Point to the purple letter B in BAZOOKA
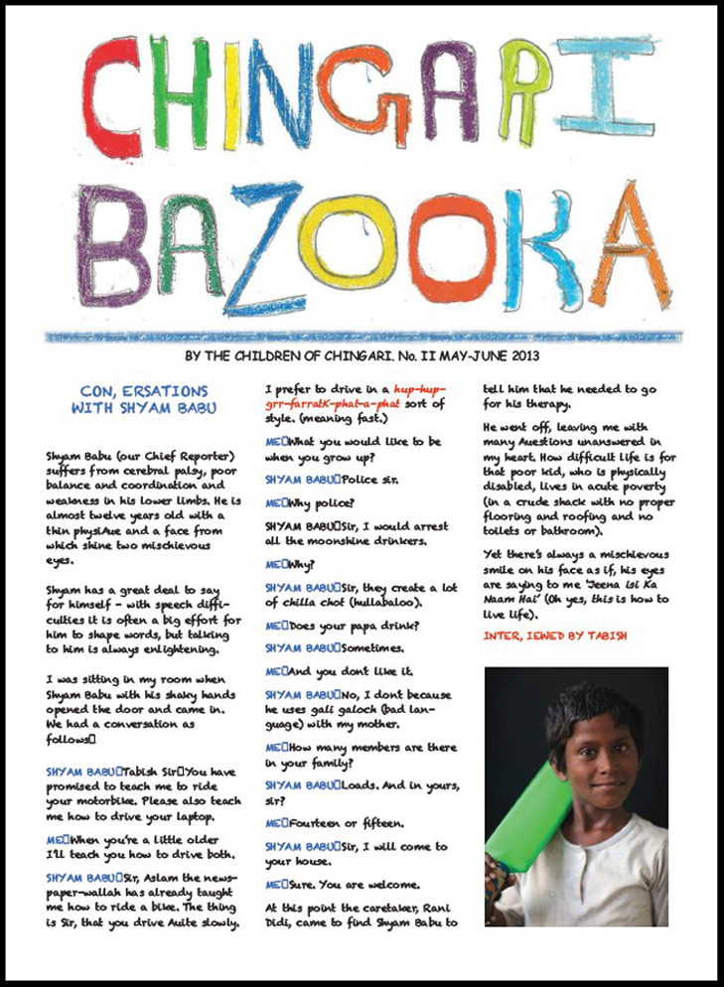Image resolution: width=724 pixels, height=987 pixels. click(x=112, y=245)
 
